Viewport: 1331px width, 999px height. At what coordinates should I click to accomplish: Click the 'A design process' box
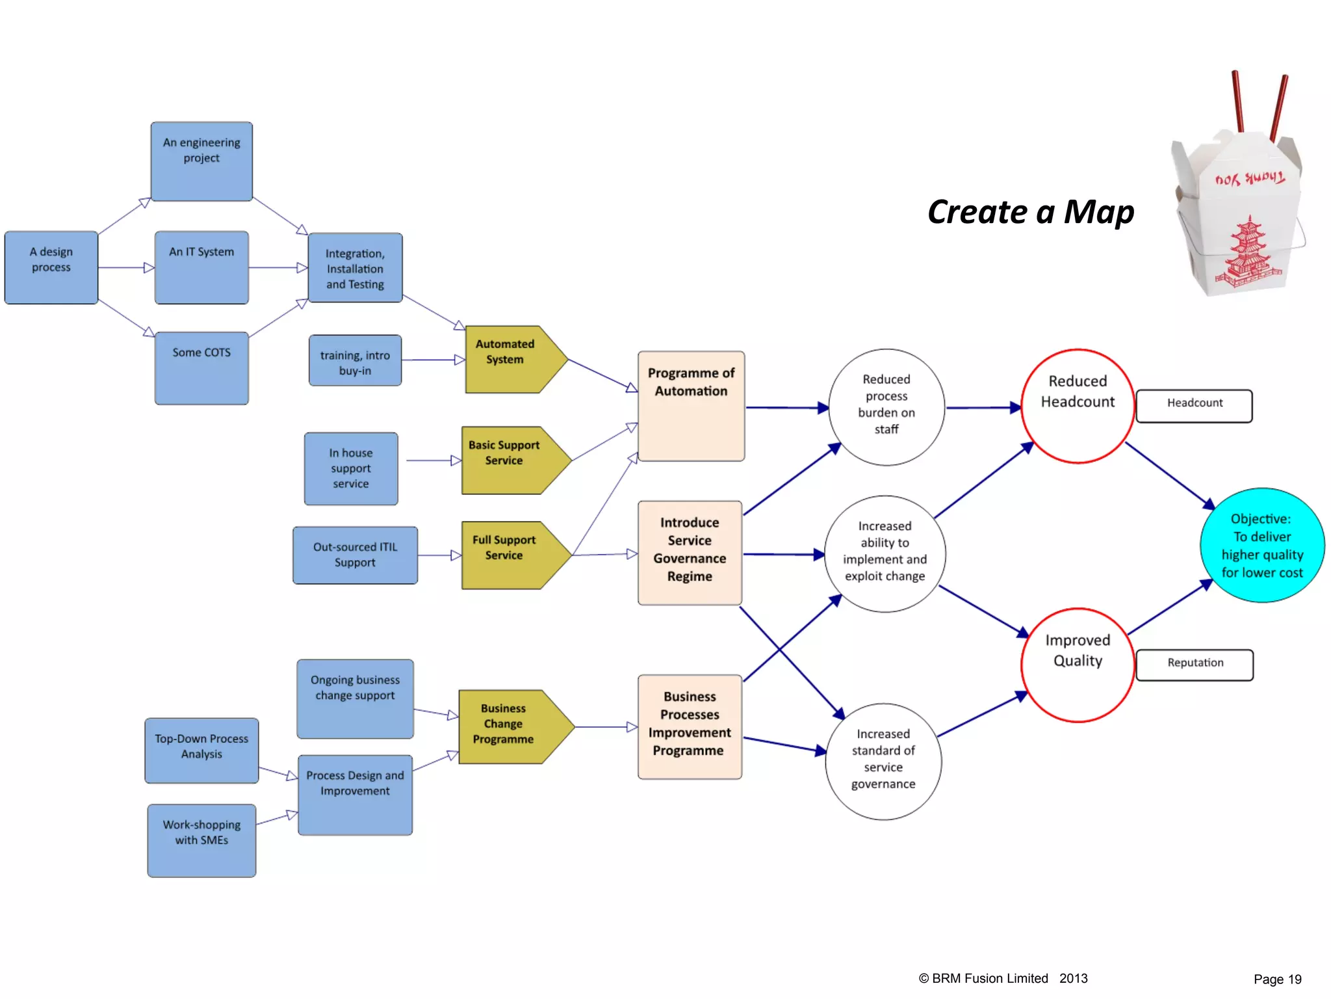[x=51, y=267]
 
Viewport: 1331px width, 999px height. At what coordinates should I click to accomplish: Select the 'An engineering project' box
[x=201, y=161]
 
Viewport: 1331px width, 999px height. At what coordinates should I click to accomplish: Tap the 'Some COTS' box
[x=201, y=368]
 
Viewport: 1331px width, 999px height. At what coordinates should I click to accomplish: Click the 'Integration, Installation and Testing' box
[x=355, y=268]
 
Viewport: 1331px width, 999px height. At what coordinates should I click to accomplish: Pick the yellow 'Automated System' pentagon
[x=510, y=359]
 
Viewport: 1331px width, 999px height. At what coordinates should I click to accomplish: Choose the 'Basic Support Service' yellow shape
[x=510, y=460]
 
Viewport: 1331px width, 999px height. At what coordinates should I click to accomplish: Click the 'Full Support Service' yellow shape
[x=510, y=555]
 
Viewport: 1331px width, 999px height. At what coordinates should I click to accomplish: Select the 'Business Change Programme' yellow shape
[x=510, y=726]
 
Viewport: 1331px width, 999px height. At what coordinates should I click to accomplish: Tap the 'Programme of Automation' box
[x=691, y=406]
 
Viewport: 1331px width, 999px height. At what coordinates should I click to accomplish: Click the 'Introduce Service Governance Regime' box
[x=690, y=552]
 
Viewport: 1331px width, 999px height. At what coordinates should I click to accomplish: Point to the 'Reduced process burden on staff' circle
[x=886, y=406]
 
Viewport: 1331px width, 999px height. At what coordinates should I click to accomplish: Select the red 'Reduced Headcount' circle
[x=1078, y=406]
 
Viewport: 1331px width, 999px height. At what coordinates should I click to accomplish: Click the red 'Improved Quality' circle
[x=1078, y=665]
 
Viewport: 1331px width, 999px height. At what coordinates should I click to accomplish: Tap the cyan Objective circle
[x=1261, y=545]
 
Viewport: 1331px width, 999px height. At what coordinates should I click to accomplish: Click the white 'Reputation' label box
[x=1195, y=664]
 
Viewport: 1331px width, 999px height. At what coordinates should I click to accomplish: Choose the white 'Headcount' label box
[x=1194, y=405]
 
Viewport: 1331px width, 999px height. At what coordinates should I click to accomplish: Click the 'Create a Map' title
[x=1031, y=212]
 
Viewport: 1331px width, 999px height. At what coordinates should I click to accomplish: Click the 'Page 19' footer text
[x=1277, y=979]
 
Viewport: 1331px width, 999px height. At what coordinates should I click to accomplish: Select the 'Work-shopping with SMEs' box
[x=201, y=840]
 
